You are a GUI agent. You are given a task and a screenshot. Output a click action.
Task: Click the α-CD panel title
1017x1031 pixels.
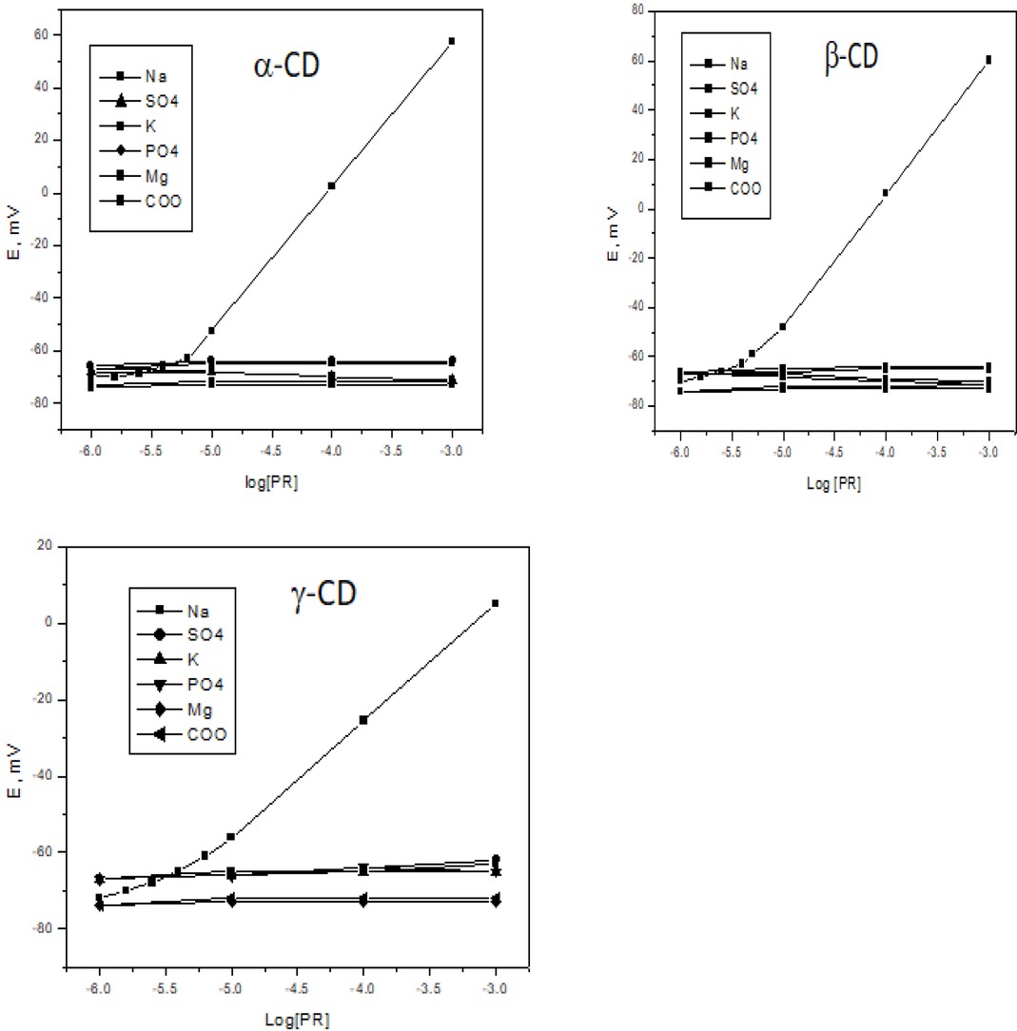coord(280,69)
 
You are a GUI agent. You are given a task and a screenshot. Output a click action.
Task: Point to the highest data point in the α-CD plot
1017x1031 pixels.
coord(452,41)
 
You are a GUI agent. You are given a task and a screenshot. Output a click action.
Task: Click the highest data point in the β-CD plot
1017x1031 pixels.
coord(988,59)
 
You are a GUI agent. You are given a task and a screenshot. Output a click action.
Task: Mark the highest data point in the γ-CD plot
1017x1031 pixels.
coord(495,603)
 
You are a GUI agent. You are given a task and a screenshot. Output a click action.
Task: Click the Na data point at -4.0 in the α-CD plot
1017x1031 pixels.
coord(332,185)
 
